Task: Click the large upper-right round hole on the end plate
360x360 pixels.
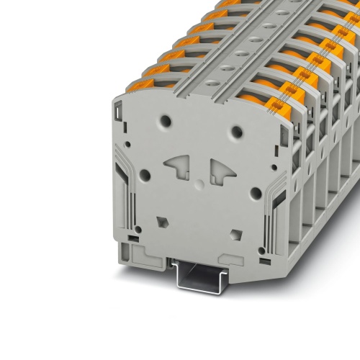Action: pyautogui.click(x=237, y=132)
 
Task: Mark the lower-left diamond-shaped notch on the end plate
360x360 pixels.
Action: pyautogui.click(x=160, y=221)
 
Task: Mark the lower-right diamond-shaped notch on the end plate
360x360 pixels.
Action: pyautogui.click(x=234, y=234)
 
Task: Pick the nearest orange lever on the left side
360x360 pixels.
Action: pyautogui.click(x=141, y=86)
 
